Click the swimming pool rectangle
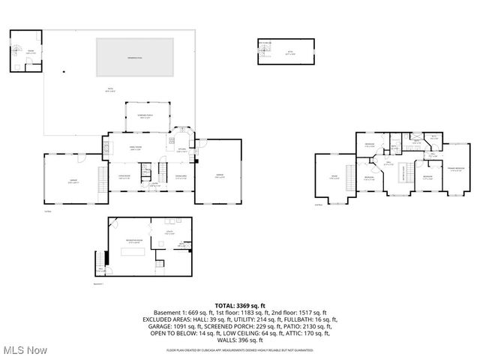pos(135,57)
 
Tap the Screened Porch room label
pos(146,117)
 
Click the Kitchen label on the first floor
pos(181,151)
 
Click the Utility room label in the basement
pos(170,232)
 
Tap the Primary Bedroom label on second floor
pos(455,169)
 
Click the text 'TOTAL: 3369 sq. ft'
pos(240,306)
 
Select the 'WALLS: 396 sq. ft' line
pos(240,340)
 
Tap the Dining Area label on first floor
pos(181,178)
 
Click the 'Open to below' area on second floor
pos(406,172)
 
